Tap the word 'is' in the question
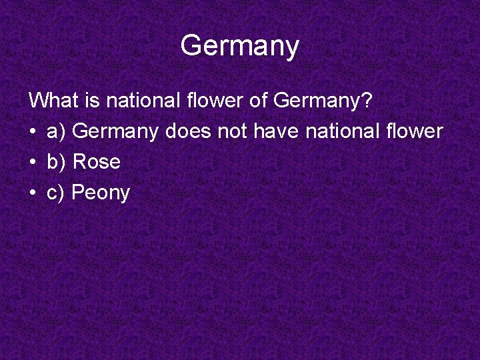[93, 101]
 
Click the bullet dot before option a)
[33, 132]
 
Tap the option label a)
[57, 132]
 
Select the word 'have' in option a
[277, 131]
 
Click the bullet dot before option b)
[33, 163]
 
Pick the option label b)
[57, 162]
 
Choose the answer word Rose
[96, 162]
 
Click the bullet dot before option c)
[33, 193]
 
